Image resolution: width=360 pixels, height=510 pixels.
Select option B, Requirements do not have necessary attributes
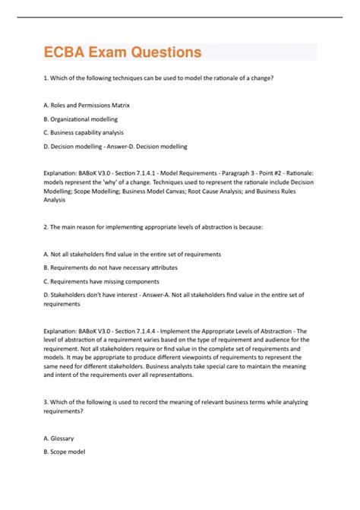115,267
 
